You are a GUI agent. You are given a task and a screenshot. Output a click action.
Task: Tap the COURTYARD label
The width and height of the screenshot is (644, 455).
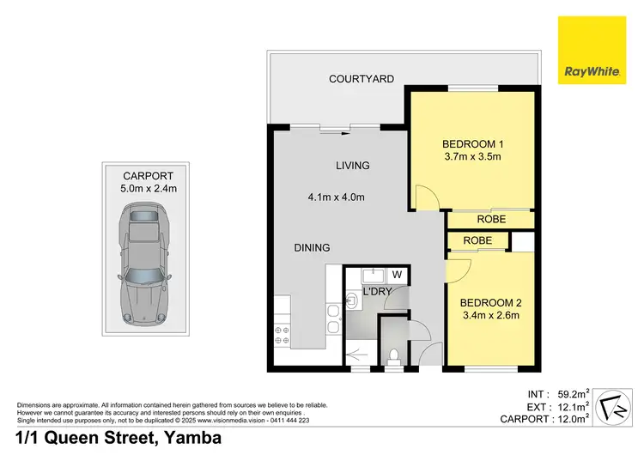tap(361, 79)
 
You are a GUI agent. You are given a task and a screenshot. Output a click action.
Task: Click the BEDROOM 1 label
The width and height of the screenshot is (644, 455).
tap(471, 143)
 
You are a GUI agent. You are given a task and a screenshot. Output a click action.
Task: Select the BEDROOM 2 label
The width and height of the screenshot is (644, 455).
tap(489, 302)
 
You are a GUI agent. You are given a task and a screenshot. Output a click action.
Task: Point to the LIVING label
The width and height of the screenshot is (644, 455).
tap(353, 166)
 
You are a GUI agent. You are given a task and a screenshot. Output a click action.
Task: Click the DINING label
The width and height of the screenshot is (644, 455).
tap(312, 248)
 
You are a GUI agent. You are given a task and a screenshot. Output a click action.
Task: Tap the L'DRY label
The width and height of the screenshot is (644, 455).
tap(379, 292)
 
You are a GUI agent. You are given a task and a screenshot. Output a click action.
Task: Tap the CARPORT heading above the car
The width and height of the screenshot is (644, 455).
tap(141, 174)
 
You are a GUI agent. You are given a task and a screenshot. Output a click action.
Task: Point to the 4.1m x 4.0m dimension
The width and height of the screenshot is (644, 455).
tap(337, 197)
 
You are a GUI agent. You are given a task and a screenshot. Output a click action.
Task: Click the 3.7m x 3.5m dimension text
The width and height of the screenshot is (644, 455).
tap(471, 157)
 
